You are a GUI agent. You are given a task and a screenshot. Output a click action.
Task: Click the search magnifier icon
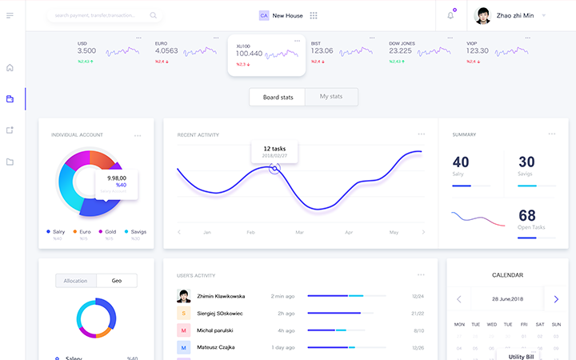153,15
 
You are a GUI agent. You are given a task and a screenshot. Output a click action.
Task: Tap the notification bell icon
450,15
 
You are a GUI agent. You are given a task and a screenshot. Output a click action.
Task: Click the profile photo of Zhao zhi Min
482,15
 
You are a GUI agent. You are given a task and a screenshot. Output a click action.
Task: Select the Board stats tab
278,97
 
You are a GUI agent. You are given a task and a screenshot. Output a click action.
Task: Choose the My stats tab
331,97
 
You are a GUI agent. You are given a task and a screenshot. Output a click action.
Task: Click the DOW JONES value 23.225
400,50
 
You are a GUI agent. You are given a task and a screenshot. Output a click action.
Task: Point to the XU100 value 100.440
249,54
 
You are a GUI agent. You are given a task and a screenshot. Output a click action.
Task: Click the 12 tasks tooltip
274,151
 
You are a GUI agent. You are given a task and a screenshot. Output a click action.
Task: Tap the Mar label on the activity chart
299,232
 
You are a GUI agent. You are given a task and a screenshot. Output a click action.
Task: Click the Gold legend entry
110,231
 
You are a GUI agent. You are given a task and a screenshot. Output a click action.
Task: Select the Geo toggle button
116,281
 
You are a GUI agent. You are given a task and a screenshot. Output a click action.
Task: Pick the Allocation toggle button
76,281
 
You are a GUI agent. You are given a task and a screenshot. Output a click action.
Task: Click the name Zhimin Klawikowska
221,296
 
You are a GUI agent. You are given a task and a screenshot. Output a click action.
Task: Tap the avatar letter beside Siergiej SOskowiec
184,313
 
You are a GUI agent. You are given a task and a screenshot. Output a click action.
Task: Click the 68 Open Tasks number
527,215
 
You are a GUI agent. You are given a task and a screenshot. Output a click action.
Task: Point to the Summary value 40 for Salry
461,162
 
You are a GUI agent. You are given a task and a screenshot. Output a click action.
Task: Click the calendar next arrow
556,299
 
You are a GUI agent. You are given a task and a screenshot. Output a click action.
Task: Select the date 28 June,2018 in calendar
507,299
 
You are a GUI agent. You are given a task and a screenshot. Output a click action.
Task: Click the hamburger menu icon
10,15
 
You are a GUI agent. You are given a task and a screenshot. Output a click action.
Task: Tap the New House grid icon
314,15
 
